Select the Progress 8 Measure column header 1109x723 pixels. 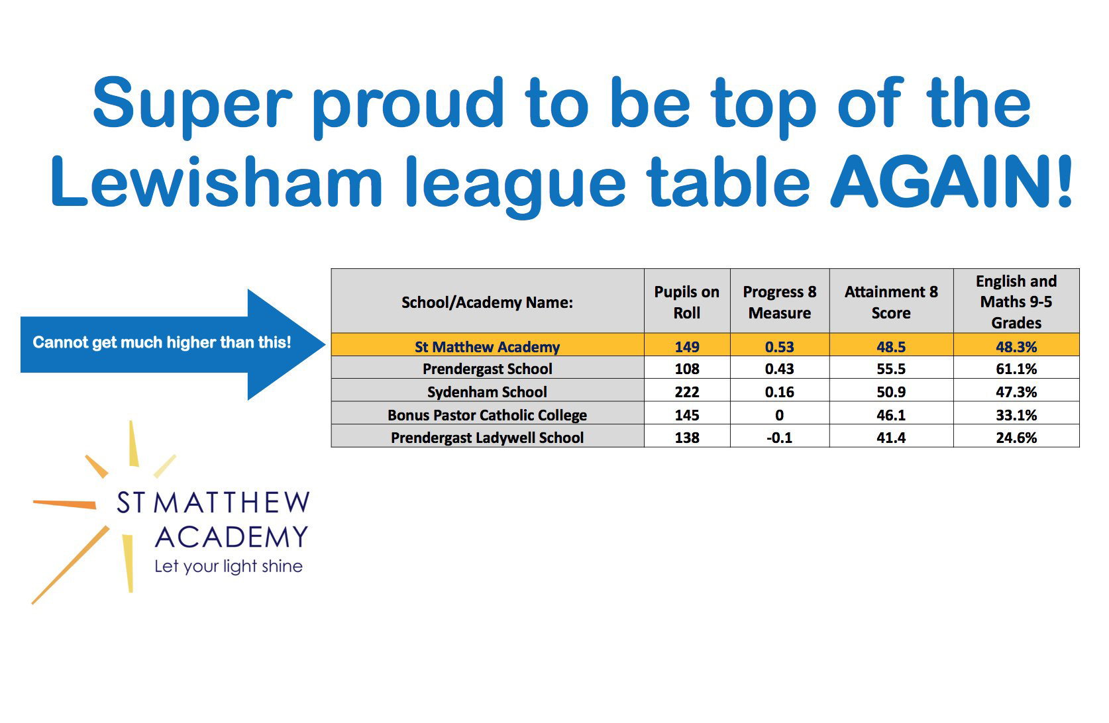(779, 303)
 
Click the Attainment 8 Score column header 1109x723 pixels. (890, 303)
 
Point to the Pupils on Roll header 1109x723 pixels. (687, 303)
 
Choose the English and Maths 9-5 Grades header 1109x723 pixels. (1016, 302)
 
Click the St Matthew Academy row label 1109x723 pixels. (487, 347)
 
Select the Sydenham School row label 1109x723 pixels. (487, 392)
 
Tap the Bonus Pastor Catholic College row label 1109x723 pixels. (487, 414)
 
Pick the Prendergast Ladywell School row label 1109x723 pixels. (487, 438)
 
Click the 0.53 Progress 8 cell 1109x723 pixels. (779, 347)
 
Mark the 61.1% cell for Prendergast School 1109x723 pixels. (1016, 369)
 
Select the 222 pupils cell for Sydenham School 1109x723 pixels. (687, 392)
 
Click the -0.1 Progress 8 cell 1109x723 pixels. (779, 438)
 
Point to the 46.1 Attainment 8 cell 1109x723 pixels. (890, 414)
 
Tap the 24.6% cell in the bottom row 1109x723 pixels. (1016, 438)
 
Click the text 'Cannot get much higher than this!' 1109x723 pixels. (162, 342)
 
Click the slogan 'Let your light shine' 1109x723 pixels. (229, 566)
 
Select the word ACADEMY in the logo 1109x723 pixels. (232, 538)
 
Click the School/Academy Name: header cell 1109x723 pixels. (487, 303)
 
